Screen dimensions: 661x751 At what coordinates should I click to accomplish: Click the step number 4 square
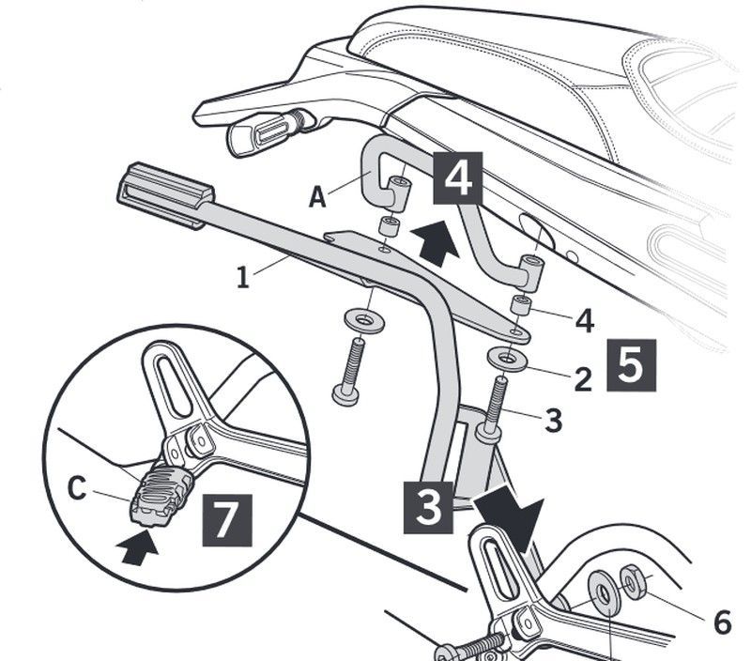[457, 178]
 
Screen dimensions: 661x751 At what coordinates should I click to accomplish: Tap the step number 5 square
[630, 364]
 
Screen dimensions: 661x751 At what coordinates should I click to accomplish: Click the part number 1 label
[241, 278]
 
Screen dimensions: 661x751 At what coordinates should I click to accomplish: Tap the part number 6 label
[721, 622]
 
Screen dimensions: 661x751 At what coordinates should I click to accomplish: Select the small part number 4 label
[583, 321]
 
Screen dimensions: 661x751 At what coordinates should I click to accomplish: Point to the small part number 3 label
[554, 421]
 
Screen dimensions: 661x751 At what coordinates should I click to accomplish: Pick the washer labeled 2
[507, 359]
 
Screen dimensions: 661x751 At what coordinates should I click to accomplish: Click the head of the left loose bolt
[345, 394]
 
